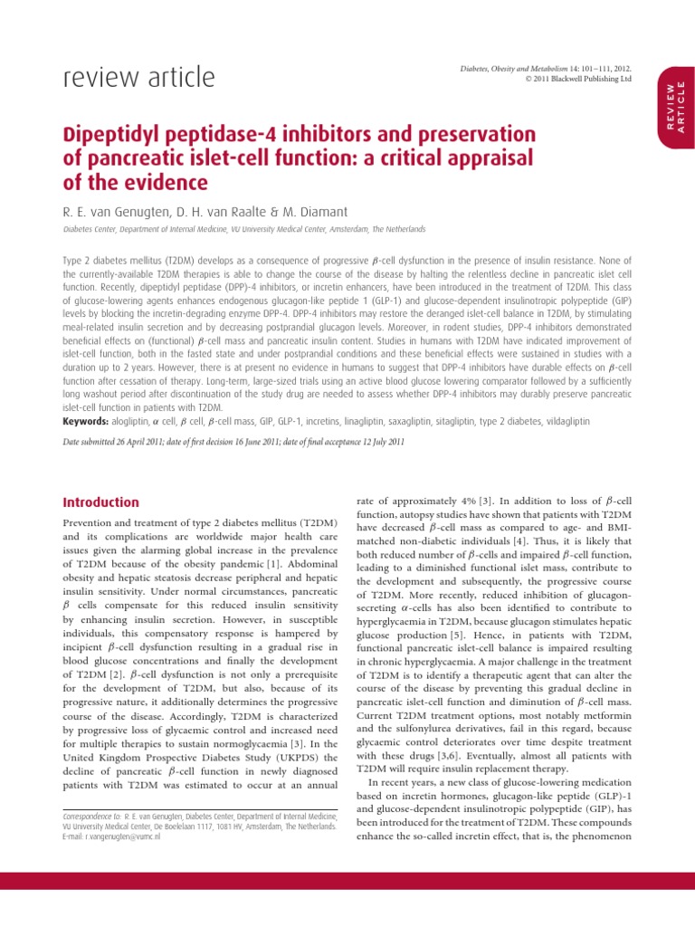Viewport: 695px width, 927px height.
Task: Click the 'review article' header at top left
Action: pos(138,78)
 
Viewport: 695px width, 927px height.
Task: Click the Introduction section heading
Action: pos(100,502)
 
